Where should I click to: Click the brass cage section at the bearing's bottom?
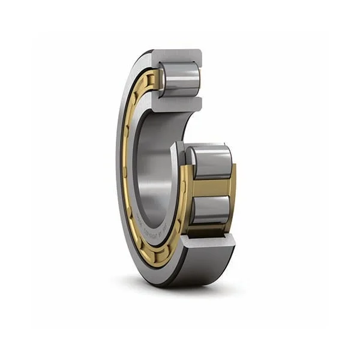click(153, 255)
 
